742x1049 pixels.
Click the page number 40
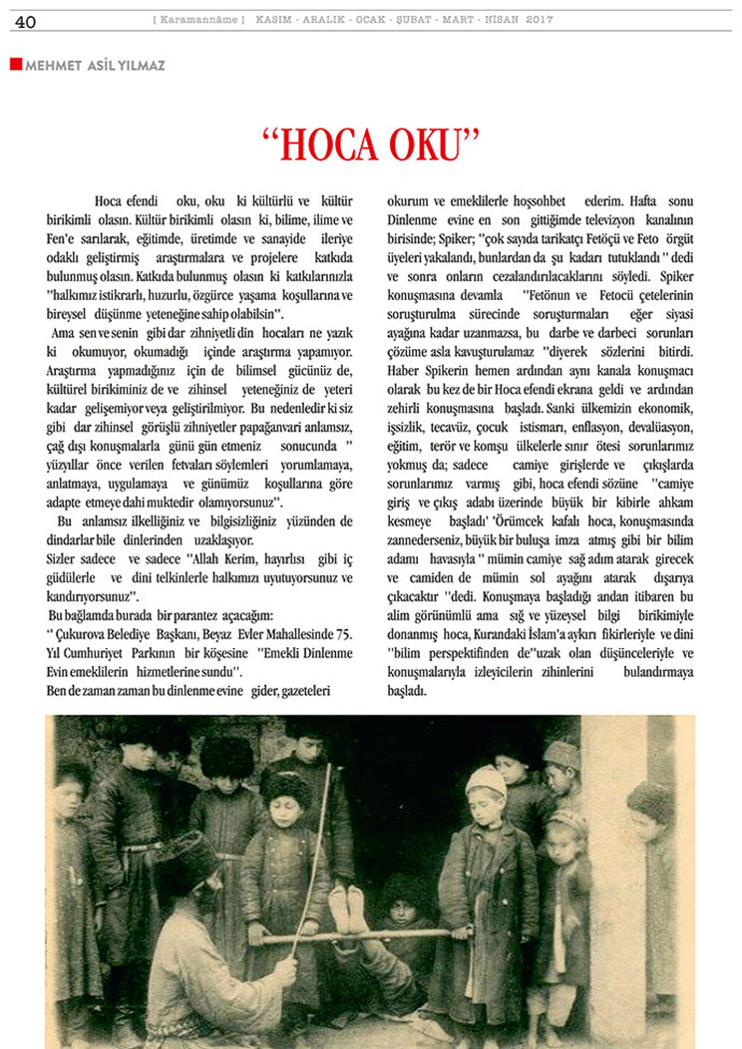tap(25, 21)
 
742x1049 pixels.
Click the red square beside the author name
tap(15, 64)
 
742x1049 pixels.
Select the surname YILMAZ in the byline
tap(137, 65)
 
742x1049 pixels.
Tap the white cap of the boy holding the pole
tap(485, 781)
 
